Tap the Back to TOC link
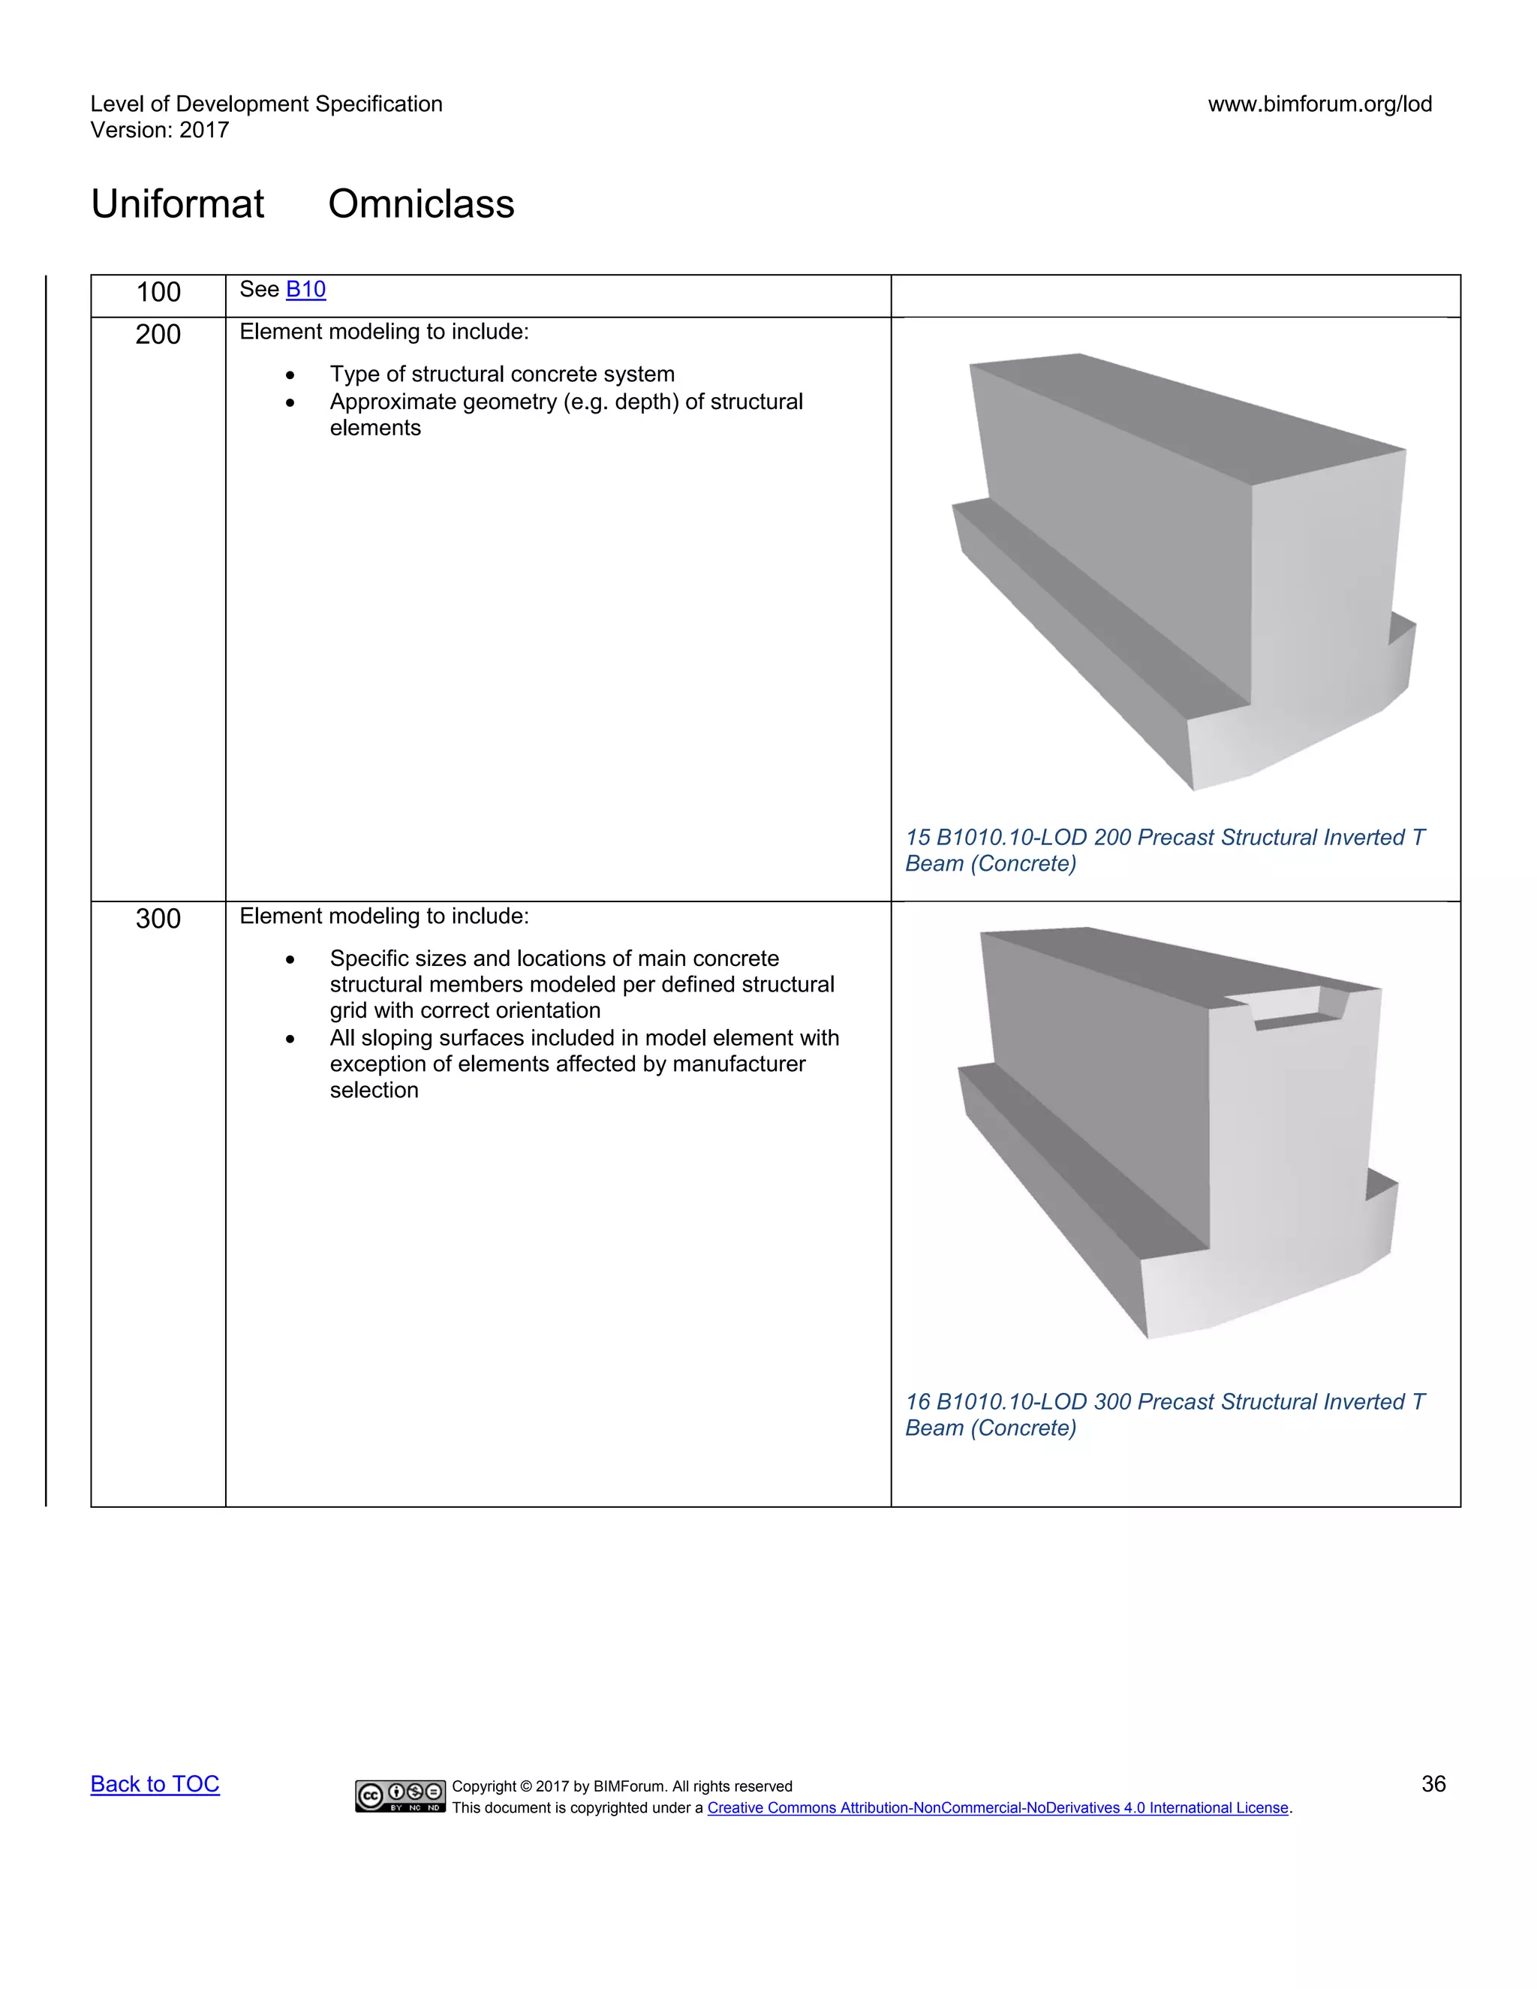tap(155, 1783)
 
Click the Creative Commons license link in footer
tap(998, 1808)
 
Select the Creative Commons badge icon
tap(400, 1795)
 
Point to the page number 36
tap(1433, 1783)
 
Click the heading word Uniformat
tap(178, 204)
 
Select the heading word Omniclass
tap(421, 204)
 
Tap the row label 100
tap(158, 292)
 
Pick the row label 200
tap(158, 334)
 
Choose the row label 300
tap(158, 918)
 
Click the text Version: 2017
tap(159, 131)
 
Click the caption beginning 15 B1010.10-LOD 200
tap(1164, 850)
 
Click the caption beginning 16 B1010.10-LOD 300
tap(1164, 1414)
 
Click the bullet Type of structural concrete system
tap(502, 375)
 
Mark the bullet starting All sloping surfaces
tap(584, 1064)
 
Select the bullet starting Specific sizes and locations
tap(581, 985)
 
